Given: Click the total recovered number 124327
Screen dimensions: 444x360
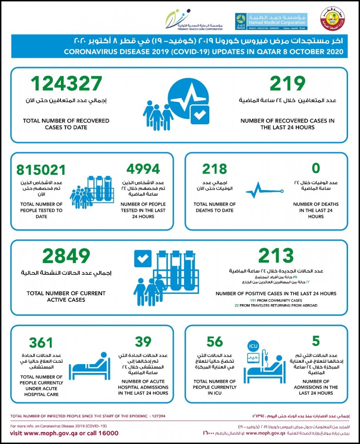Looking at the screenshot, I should [66, 83].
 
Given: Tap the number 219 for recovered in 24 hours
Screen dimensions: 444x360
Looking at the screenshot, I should [288, 83].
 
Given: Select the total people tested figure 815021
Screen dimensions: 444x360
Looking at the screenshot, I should [40, 170].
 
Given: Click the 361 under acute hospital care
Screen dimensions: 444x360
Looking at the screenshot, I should [41, 343].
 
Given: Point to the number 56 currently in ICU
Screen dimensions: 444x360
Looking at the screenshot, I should [215, 341].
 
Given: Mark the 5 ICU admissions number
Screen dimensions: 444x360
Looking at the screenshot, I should [316, 341].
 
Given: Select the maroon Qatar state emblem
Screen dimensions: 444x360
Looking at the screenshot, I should [332, 21].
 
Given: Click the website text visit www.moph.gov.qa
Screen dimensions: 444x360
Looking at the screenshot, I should [49, 433].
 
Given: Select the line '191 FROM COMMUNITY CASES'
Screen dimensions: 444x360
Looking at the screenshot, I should [276, 301].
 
